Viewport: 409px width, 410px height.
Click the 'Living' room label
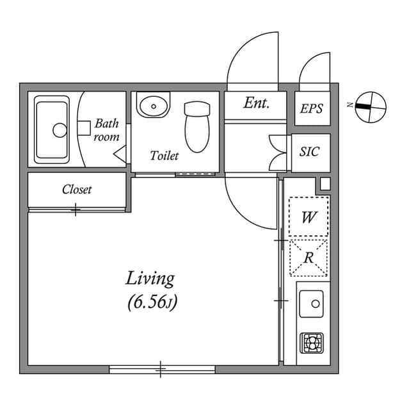click(x=150, y=279)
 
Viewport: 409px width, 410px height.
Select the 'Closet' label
click(x=77, y=190)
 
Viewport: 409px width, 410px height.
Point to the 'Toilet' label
click(x=164, y=156)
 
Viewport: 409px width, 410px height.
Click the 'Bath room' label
click(x=106, y=130)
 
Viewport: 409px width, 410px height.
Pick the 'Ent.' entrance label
click(x=256, y=103)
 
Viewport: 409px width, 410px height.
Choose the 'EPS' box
click(x=312, y=108)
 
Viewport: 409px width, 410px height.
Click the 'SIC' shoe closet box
click(x=310, y=152)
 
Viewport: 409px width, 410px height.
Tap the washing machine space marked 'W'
click(x=309, y=217)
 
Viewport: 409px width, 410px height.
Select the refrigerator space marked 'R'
click(x=309, y=258)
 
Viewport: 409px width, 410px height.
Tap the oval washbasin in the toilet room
click(x=153, y=106)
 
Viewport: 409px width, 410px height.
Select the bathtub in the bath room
click(x=52, y=129)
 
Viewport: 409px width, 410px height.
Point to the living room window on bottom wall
click(x=161, y=369)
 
